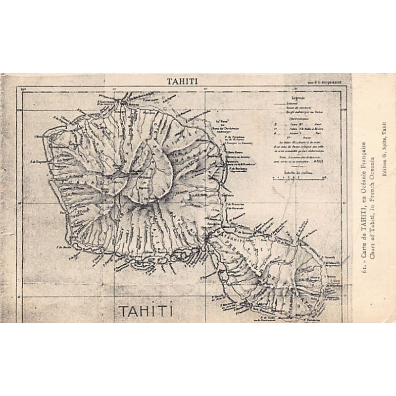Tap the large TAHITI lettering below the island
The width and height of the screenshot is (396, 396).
pos(145,311)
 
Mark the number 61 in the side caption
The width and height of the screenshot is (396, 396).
pos(364,268)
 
